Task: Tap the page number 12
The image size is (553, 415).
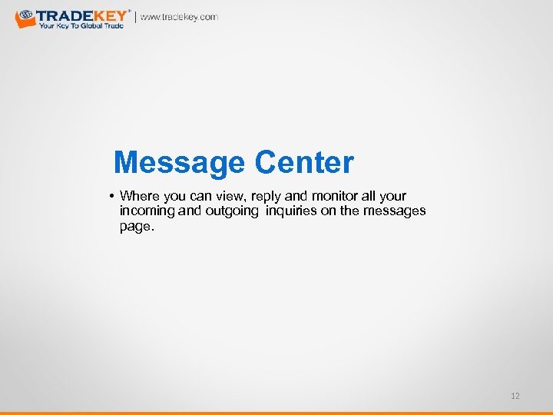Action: point(515,396)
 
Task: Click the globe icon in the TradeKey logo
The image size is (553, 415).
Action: point(25,15)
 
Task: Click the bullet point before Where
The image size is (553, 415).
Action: point(112,196)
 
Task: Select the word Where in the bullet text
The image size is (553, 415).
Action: point(140,196)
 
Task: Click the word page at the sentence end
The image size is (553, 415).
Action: point(135,227)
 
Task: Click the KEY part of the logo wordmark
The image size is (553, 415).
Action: point(112,15)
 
